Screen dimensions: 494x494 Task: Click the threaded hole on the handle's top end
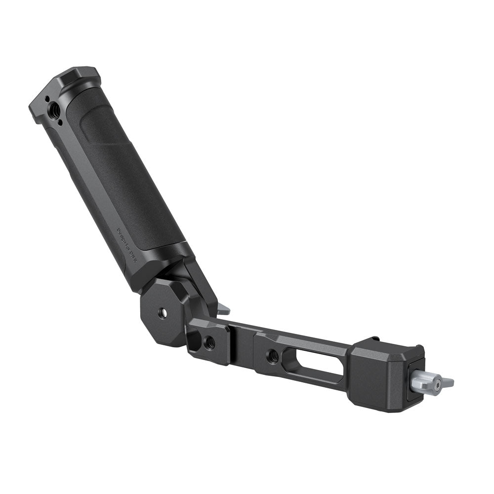tap(54, 107)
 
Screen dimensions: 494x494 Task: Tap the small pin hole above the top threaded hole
tap(47, 99)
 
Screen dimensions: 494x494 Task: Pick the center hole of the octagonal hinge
tap(163, 313)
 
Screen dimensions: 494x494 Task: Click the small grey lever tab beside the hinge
tap(223, 310)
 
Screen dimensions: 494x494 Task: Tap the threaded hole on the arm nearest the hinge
tap(209, 340)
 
